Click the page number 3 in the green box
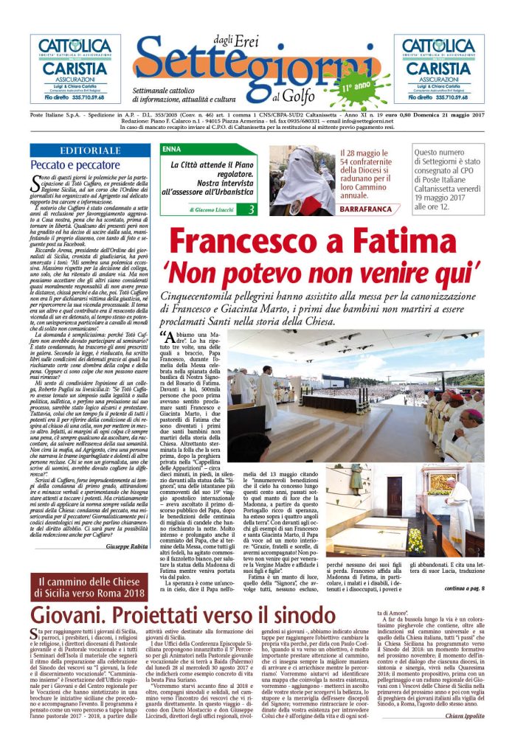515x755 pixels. pyautogui.click(x=252, y=210)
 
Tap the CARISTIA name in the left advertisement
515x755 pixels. pyautogui.click(x=75, y=69)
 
